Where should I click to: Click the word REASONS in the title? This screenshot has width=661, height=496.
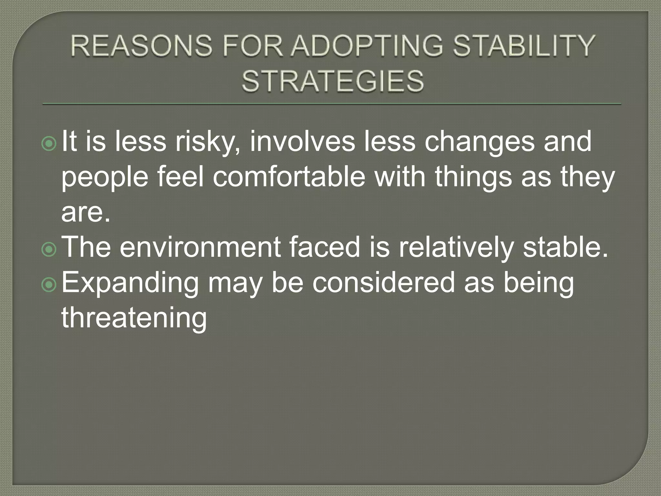141,46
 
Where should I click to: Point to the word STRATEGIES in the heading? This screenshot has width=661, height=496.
332,81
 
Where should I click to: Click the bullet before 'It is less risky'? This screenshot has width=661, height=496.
49,144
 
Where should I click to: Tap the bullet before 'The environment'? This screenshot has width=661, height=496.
49,250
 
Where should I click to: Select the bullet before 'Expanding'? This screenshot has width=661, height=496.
49,284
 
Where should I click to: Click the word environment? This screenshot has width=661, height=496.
200,247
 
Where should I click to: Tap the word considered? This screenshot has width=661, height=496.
383,283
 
